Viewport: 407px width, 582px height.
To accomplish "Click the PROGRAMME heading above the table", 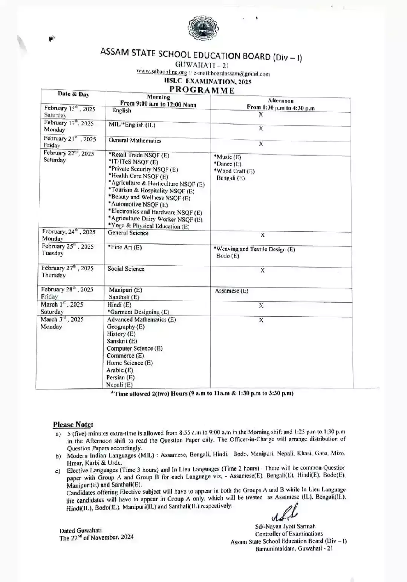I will [202, 90].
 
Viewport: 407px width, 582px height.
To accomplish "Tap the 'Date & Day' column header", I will [73, 94].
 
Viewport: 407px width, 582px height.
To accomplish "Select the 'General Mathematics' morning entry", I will [135, 140].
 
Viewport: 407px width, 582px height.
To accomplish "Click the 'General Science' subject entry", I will [128, 233].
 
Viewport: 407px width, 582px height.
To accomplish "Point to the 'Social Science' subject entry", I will [126, 269].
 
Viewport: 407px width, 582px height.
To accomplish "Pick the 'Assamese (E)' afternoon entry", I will [232, 291].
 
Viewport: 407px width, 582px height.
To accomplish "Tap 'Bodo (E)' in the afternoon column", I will [228, 256].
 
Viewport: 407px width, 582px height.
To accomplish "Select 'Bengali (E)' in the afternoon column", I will [230, 178].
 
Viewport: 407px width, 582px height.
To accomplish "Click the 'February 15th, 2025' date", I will [70, 109].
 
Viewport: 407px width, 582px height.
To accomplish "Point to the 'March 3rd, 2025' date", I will [62, 319].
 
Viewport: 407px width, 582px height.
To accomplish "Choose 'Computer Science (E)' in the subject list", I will [135, 348].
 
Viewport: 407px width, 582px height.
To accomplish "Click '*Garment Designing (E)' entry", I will [138, 312].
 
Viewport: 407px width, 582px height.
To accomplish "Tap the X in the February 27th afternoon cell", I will [263, 270].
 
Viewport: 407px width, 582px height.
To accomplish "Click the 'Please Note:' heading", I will [73, 424].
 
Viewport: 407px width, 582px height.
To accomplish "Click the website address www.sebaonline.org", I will [162, 72].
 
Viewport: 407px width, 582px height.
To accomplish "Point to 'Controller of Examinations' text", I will [289, 534].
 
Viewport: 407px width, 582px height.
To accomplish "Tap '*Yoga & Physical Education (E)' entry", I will [149, 226].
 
